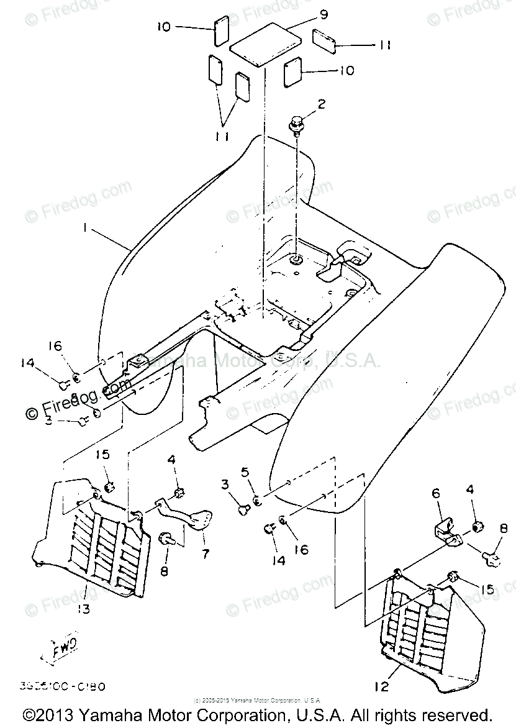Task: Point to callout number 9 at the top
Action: tap(324, 14)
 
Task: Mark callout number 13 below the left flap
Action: tap(83, 609)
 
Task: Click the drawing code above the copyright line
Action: tap(62, 687)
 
